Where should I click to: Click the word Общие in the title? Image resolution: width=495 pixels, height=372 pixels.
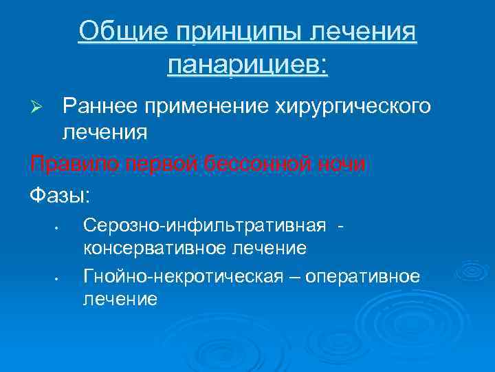[119, 31]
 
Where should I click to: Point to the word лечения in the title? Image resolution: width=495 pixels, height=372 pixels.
[365, 31]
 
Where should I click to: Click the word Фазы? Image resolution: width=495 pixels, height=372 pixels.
[59, 195]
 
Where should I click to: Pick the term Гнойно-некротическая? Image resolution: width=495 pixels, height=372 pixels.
[182, 277]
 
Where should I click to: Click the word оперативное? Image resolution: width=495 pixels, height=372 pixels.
[362, 277]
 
